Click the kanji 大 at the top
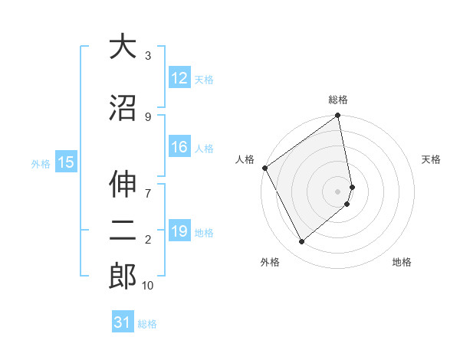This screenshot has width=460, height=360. (x=123, y=47)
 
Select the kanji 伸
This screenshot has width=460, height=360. (x=123, y=184)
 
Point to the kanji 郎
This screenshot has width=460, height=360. (x=123, y=276)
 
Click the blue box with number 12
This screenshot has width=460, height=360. (x=179, y=78)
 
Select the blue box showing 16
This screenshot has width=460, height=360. (x=179, y=147)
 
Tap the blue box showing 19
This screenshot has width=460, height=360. (x=179, y=231)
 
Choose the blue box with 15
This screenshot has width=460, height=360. (x=65, y=162)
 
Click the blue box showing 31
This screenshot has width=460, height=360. (x=123, y=322)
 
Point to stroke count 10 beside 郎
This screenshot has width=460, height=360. (x=148, y=286)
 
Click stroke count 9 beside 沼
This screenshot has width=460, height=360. (x=148, y=116)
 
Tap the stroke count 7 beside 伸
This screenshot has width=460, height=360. (x=148, y=185)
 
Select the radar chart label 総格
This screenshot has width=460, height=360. (x=338, y=100)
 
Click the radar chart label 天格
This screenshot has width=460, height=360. (x=432, y=159)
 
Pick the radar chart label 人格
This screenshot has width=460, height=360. (x=245, y=159)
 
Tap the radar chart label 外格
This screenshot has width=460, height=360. (x=270, y=262)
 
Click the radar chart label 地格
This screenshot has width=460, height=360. (x=402, y=262)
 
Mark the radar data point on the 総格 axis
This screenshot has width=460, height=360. (x=338, y=116)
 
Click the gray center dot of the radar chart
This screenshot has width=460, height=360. (x=338, y=191)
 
